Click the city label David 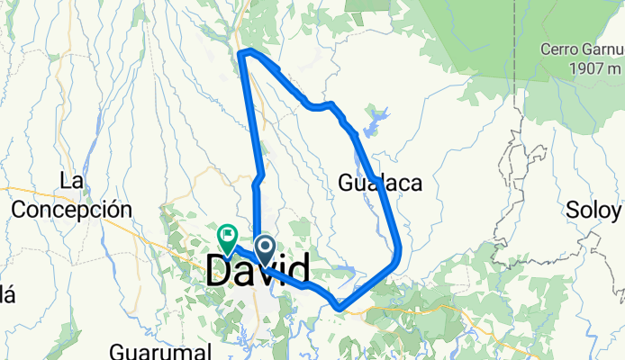[x=258, y=270]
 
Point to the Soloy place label [x=593, y=211]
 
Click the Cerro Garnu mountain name [x=581, y=49]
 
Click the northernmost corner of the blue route [x=241, y=54]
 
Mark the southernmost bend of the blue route [x=340, y=308]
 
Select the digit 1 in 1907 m [x=560, y=67]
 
